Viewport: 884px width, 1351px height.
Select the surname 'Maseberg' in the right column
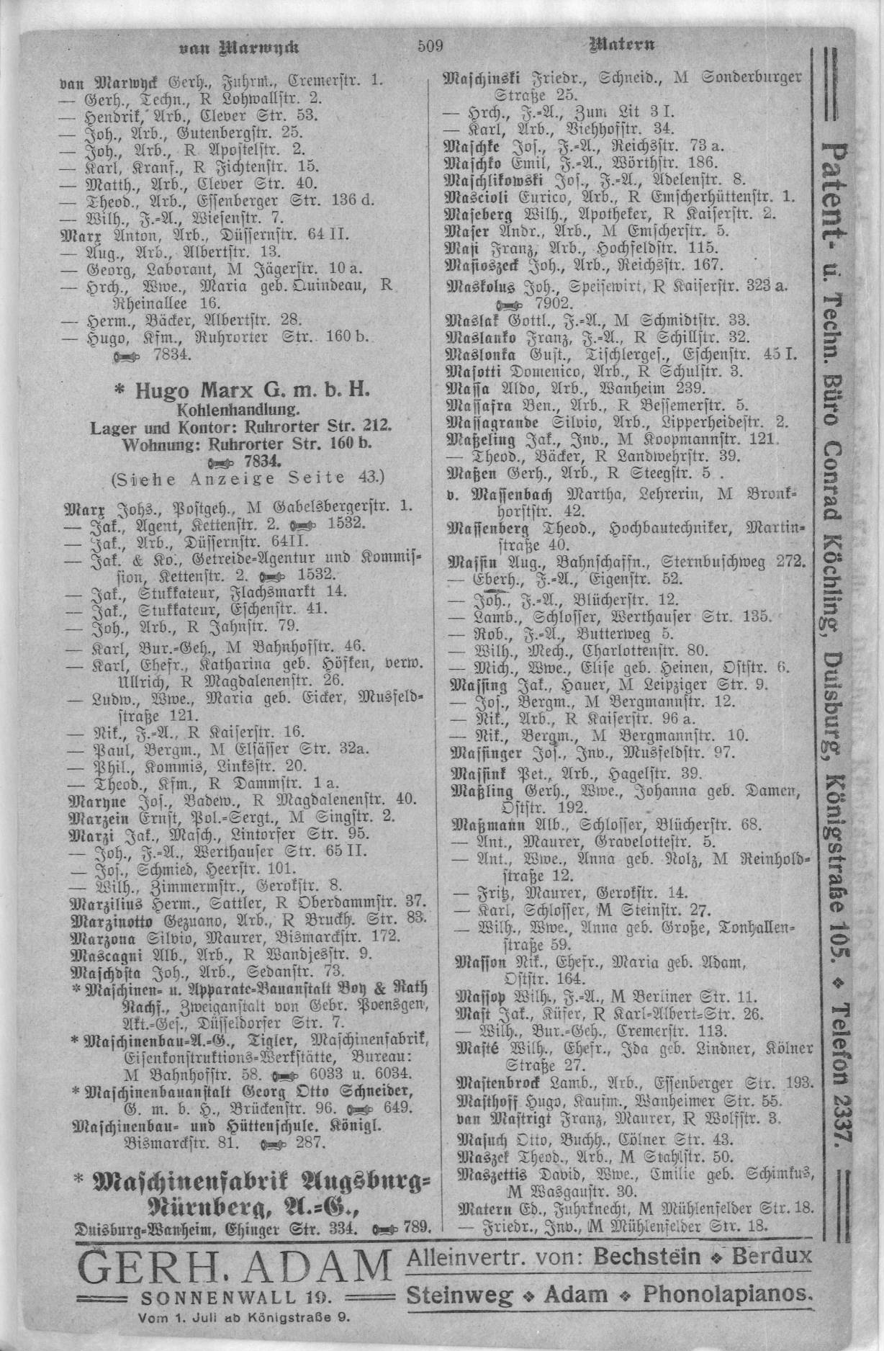coord(476,213)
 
